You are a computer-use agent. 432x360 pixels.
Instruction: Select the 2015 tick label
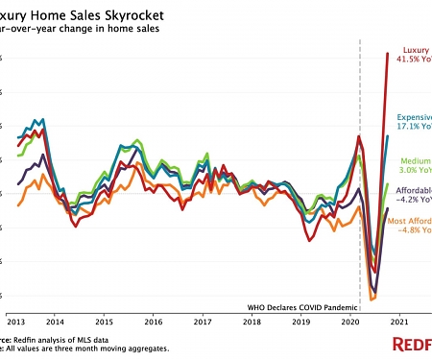104,321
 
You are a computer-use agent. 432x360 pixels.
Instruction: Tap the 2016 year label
154,321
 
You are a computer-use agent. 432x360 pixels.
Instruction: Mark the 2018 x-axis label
252,321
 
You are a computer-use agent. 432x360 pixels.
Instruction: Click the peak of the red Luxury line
387,53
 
